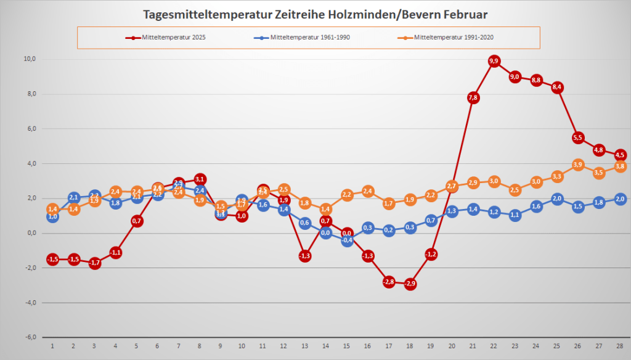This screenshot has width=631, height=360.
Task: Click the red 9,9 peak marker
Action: (494, 61)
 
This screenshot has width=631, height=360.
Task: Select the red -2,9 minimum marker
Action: (410, 284)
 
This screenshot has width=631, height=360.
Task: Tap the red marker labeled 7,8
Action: (473, 97)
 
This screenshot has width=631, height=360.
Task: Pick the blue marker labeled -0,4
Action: (347, 240)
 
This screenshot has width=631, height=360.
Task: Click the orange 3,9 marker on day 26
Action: (578, 165)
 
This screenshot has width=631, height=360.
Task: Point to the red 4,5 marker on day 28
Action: (620, 155)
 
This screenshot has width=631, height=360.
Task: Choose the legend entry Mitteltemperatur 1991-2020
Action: (454, 38)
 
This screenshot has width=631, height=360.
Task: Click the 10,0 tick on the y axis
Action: (30, 59)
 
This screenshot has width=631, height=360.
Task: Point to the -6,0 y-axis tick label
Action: (30, 337)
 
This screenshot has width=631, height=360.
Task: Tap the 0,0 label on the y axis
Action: (30, 233)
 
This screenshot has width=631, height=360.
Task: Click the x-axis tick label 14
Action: (325, 345)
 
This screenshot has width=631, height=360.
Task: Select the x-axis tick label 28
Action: (620, 345)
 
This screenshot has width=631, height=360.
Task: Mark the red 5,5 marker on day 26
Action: (578, 137)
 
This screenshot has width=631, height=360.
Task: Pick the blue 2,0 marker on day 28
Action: (620, 198)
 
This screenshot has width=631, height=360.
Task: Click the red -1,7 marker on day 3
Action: (94, 263)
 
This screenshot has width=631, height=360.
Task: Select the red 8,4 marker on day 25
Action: (557, 88)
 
